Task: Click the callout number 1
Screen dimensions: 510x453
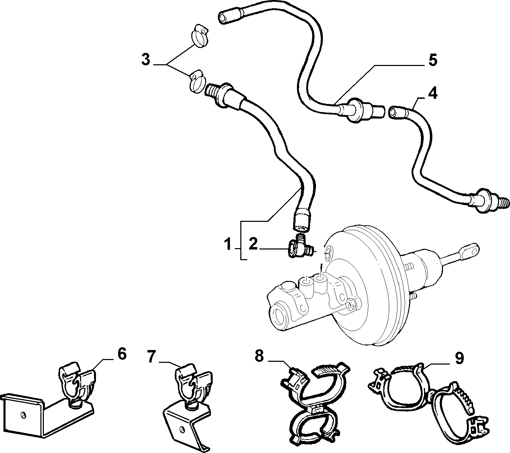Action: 228,245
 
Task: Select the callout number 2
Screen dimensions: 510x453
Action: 253,244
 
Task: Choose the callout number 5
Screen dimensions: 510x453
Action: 433,60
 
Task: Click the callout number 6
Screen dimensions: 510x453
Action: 122,354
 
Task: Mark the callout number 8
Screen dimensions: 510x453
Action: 259,356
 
